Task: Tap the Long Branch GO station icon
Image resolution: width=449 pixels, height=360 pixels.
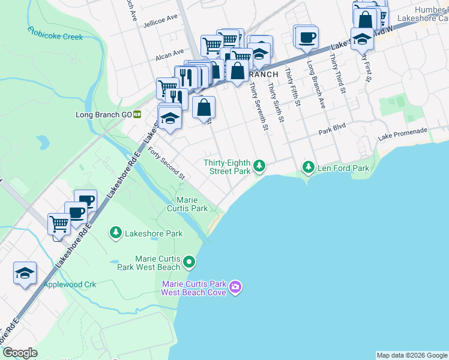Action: [137, 114]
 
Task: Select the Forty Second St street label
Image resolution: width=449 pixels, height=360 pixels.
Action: [166, 163]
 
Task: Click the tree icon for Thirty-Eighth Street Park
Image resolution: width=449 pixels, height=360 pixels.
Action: [259, 165]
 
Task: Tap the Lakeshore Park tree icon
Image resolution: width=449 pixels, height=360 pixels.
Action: [115, 232]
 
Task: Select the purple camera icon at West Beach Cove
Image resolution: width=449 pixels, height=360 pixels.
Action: [235, 288]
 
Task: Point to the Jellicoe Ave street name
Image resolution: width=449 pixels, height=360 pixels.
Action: [160, 20]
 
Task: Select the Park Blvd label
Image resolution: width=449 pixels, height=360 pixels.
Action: [333, 130]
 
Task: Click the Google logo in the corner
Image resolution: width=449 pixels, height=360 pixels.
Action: [20, 353]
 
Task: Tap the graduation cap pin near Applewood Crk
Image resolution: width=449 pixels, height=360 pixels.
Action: [25, 273]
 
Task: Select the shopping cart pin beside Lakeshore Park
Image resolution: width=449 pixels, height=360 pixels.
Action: [59, 224]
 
